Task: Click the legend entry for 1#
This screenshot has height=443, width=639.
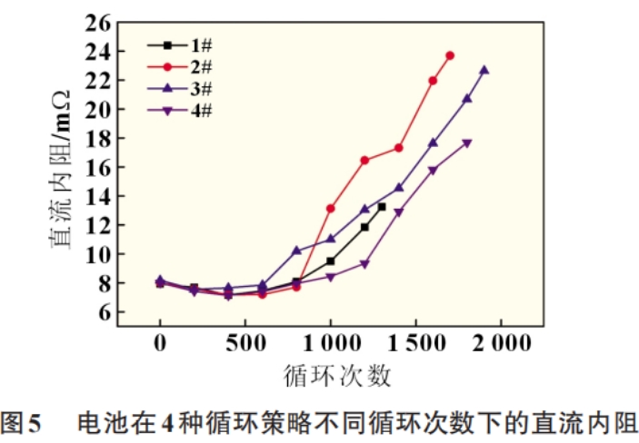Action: click(x=182, y=45)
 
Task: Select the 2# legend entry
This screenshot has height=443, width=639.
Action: click(x=182, y=67)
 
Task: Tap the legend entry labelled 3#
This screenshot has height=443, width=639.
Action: click(x=182, y=89)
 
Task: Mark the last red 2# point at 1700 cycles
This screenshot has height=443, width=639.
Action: click(x=450, y=55)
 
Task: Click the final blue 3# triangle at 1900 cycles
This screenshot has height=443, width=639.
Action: click(x=484, y=70)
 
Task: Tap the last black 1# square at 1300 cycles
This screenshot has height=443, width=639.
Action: click(x=382, y=207)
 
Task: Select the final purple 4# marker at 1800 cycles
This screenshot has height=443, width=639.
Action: click(x=467, y=143)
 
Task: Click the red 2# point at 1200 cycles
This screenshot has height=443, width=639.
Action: click(x=364, y=160)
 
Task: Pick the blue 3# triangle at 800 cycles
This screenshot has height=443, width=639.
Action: click(x=296, y=250)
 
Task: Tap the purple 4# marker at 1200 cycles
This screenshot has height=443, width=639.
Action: click(x=364, y=264)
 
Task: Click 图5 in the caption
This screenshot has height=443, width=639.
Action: click(x=23, y=422)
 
